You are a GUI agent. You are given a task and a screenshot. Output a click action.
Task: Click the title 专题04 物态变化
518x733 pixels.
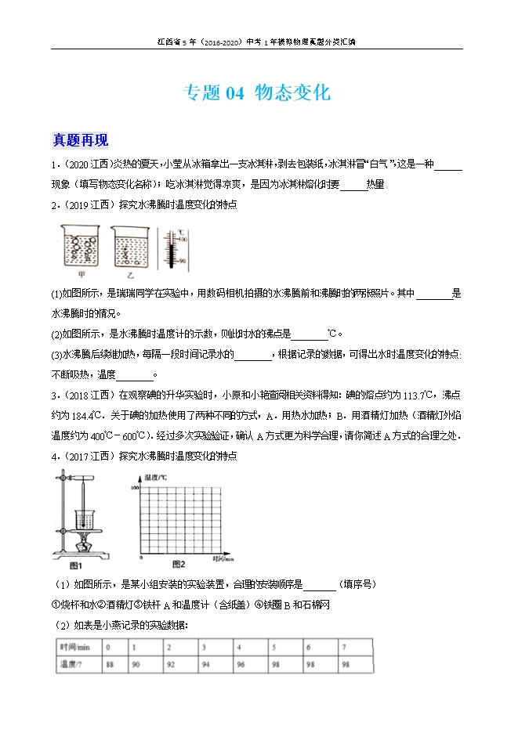point(256,93)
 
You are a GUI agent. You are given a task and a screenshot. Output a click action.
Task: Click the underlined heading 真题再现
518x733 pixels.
point(80,141)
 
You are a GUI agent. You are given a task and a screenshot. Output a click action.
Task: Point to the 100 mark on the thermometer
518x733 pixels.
point(181,237)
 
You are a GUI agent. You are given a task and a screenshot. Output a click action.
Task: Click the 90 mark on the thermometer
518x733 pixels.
point(181,260)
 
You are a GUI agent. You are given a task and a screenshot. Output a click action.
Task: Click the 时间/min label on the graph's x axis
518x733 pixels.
point(223,558)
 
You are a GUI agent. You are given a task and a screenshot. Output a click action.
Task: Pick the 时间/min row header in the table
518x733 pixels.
point(76,648)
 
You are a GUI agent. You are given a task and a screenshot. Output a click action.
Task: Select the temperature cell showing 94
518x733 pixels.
point(205,665)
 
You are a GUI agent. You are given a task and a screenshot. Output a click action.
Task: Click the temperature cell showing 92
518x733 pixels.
point(170,665)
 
